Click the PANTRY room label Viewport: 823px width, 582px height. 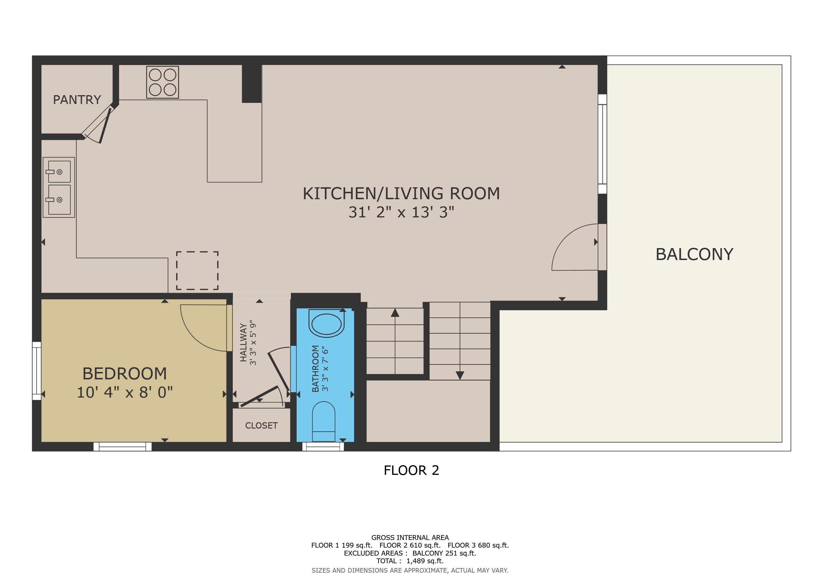click(77, 100)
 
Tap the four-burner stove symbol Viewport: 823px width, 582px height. click(162, 82)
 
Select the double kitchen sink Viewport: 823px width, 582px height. click(59, 187)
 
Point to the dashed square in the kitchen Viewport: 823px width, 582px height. click(197, 271)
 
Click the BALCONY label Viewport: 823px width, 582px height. click(694, 254)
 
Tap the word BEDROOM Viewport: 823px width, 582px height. click(125, 374)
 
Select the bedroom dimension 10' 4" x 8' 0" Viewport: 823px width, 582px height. click(125, 392)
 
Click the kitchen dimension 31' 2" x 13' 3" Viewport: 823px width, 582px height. click(402, 212)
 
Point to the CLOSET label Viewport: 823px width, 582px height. click(261, 425)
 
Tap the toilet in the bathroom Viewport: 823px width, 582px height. click(324, 421)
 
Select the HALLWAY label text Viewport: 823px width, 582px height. click(243, 343)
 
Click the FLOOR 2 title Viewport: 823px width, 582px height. click(411, 470)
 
